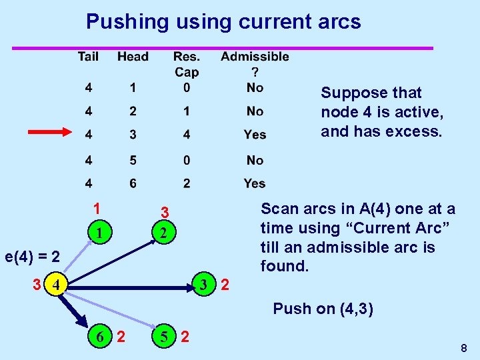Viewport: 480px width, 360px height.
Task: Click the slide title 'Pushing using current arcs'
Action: click(x=223, y=22)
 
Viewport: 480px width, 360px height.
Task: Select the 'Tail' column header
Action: click(x=88, y=57)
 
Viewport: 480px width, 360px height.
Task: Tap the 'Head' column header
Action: click(x=133, y=57)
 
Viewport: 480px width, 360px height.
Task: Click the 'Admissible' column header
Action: click(x=255, y=57)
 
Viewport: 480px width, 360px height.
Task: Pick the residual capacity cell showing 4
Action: click(x=187, y=135)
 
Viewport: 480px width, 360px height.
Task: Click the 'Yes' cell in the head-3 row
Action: click(x=255, y=135)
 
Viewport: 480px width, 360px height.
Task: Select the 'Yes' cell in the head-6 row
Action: click(x=255, y=183)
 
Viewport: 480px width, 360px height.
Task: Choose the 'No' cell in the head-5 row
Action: click(x=255, y=160)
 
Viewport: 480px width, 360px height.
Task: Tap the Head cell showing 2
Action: click(x=133, y=111)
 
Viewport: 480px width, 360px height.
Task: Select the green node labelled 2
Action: click(x=163, y=233)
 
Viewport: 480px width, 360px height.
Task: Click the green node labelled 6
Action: click(x=100, y=337)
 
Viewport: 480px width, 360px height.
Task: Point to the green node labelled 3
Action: click(x=204, y=285)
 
